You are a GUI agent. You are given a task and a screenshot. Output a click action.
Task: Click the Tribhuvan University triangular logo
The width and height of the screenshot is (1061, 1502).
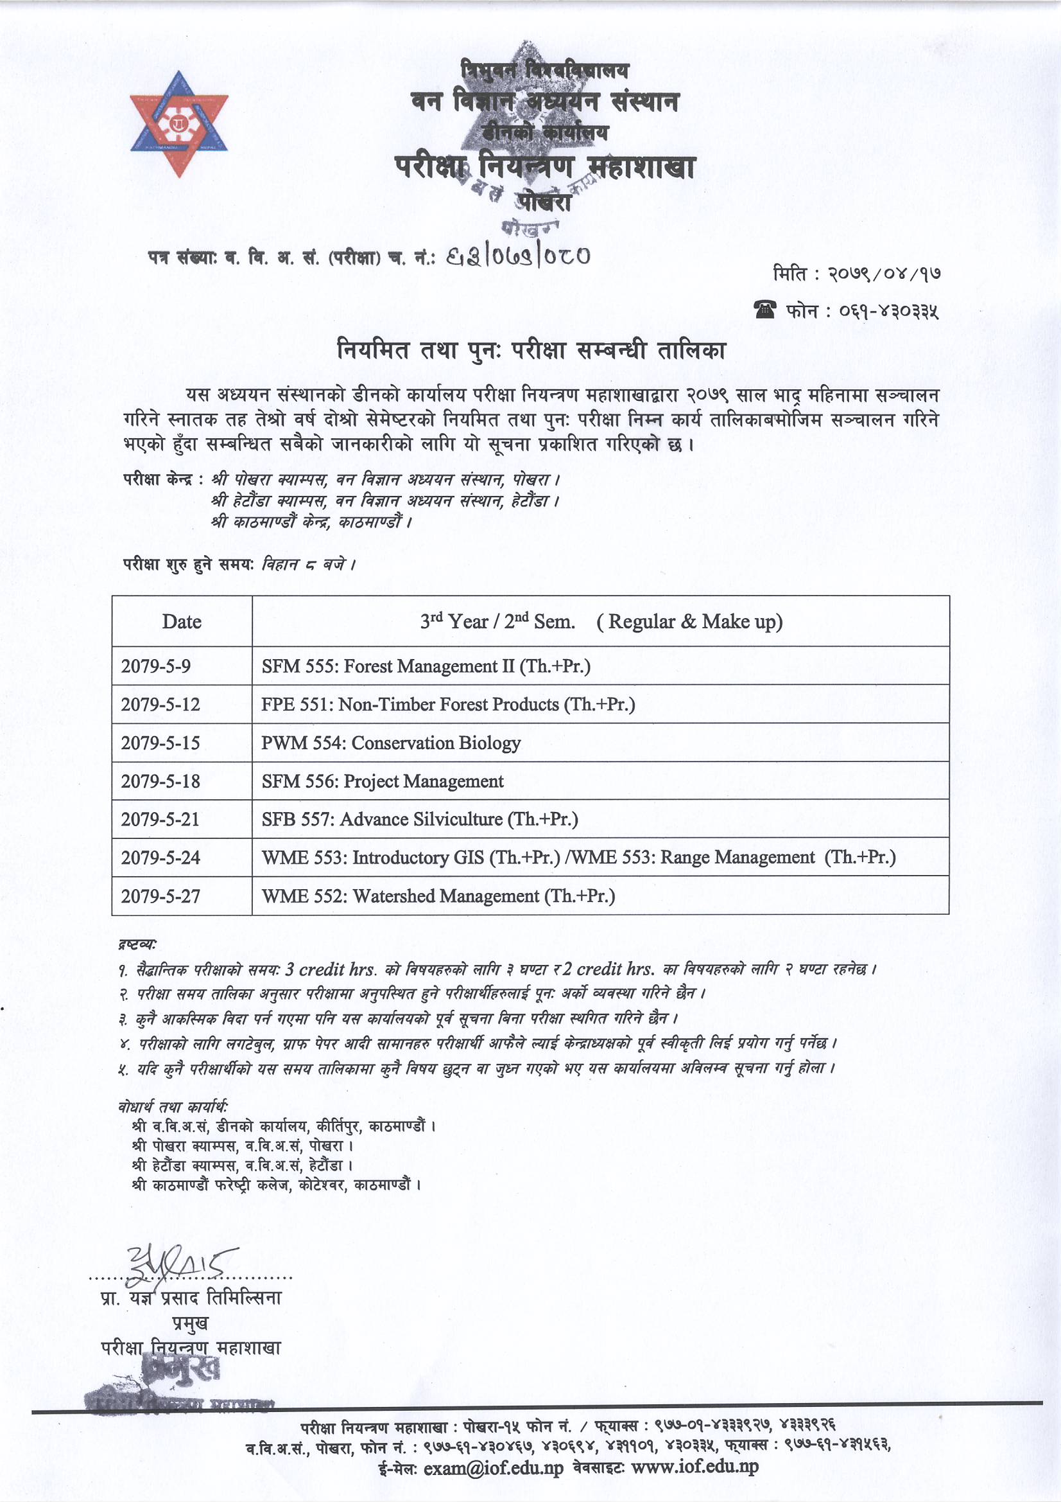point(178,124)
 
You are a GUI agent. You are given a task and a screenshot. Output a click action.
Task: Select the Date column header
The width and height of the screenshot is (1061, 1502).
point(182,621)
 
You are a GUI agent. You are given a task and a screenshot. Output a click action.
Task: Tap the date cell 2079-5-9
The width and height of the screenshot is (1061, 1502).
point(155,666)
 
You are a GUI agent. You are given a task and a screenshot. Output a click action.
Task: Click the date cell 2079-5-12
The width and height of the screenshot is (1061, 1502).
point(160,705)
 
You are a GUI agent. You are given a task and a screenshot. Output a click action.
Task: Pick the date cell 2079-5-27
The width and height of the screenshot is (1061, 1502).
point(160,896)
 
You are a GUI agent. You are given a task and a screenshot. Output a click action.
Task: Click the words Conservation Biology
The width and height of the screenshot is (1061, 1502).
point(436,743)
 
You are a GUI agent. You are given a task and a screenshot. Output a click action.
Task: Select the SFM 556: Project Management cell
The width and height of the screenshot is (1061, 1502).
point(383,781)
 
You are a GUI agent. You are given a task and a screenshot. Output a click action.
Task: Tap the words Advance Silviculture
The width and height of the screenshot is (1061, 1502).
point(421,819)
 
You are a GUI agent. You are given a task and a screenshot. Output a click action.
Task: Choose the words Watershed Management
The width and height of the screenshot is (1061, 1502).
point(446,896)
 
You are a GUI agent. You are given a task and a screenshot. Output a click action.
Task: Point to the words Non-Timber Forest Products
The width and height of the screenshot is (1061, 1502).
point(449,705)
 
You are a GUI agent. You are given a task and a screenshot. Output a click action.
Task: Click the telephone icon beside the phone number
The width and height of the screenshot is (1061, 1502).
point(765,310)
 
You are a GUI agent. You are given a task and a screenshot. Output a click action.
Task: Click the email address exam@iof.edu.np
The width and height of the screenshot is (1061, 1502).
point(493,1468)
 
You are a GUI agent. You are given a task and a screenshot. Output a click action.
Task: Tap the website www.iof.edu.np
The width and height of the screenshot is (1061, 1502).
point(694,1467)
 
